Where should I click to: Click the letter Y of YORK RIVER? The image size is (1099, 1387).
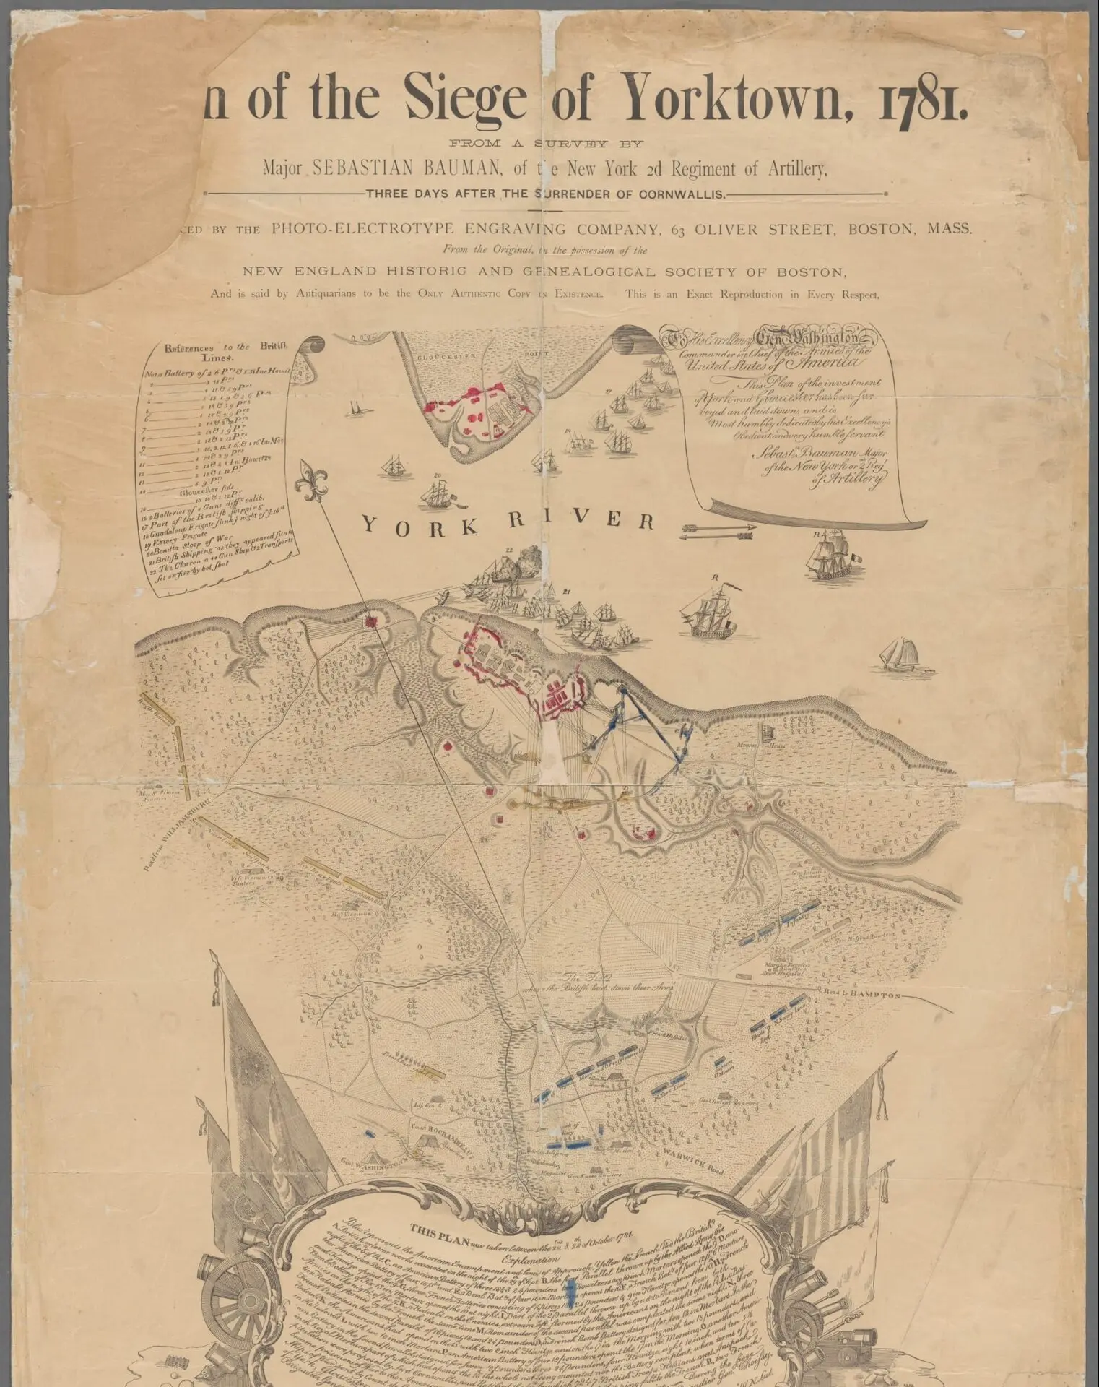pyautogui.click(x=370, y=526)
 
